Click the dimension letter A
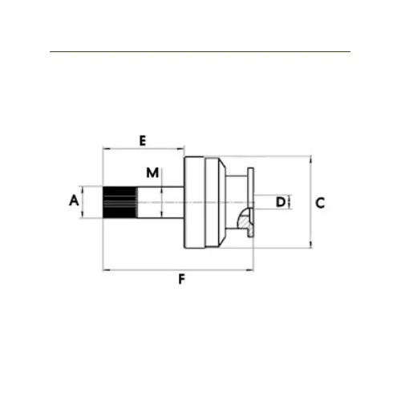pos(74,200)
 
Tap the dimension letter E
pos(143,141)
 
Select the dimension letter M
pos(152,173)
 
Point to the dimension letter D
pos(281,202)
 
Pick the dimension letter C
pos(320,203)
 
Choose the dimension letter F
pos(181,280)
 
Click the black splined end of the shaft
pos(120,202)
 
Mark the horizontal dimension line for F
pos(178,270)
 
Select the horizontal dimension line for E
pos(144,148)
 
